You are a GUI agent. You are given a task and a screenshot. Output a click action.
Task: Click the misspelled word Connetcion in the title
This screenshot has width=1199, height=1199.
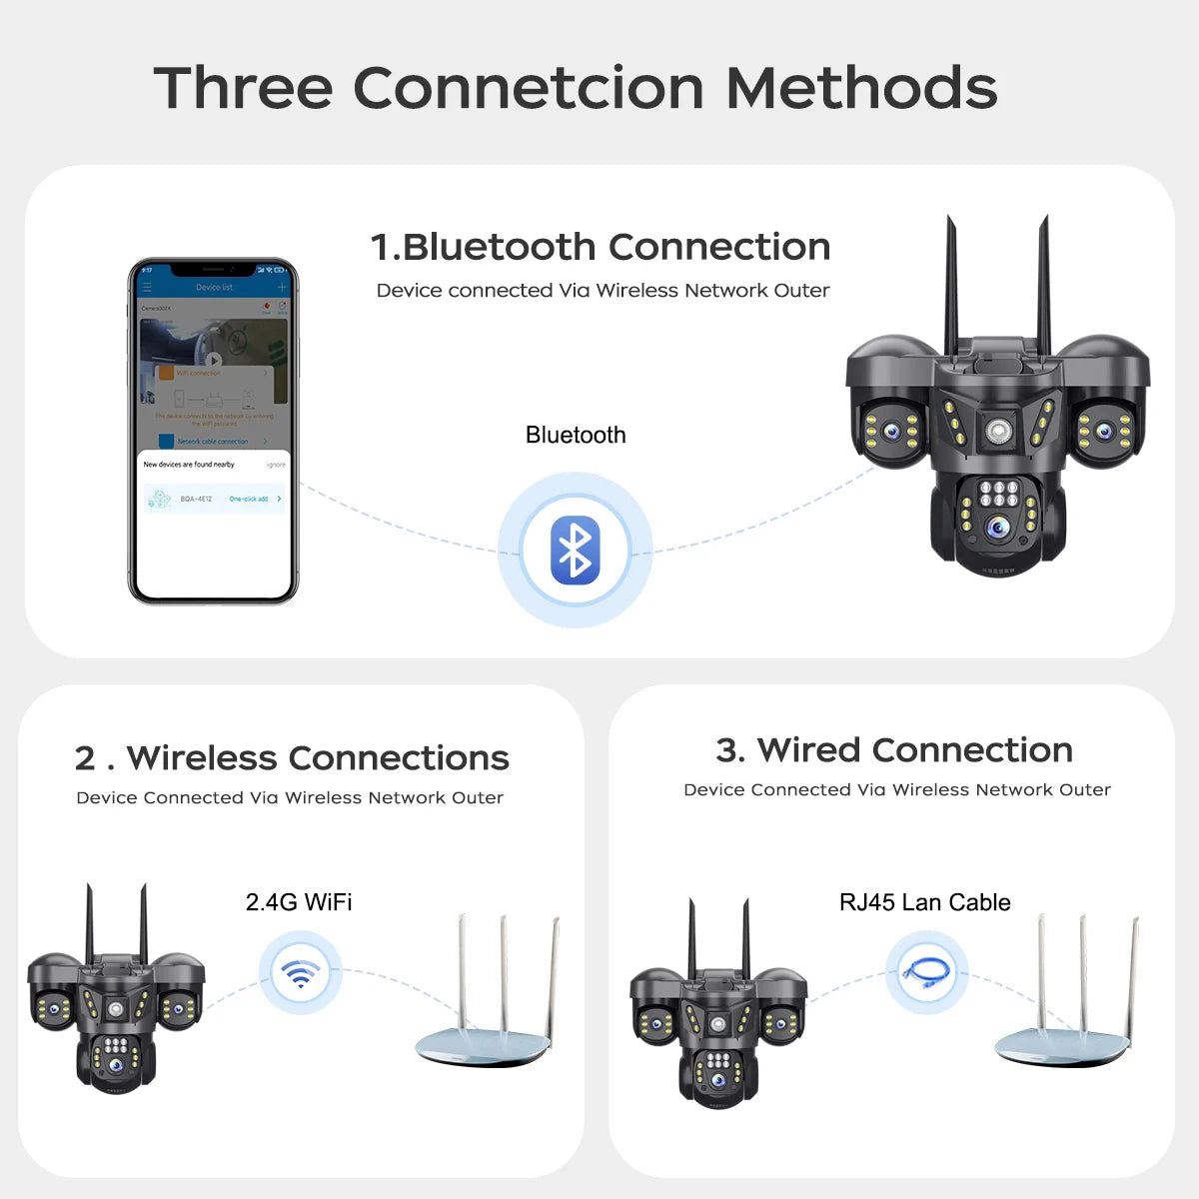pos(528,88)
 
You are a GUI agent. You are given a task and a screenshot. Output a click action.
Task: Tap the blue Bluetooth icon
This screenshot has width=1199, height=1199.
pos(575,551)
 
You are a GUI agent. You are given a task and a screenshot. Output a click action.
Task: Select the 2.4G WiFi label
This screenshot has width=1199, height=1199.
pos(299,902)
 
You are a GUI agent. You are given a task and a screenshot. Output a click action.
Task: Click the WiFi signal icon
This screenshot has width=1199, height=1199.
pos(300,973)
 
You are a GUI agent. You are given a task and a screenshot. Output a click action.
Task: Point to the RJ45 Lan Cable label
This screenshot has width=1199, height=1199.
pos(924,903)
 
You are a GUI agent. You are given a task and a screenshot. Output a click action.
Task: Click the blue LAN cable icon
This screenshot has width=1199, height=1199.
pos(926,972)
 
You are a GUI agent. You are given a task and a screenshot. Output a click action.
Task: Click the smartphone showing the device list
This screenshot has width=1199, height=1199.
pos(213,432)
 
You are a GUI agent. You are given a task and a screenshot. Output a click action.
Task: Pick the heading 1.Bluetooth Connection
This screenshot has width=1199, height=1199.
pos(600,247)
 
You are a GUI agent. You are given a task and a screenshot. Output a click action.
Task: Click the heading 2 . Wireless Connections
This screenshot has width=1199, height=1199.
pos(292,758)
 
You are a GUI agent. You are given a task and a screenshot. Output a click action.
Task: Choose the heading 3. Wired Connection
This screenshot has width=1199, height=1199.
pos(894,750)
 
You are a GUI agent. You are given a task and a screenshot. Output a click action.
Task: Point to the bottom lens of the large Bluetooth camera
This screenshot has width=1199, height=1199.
pos(996,529)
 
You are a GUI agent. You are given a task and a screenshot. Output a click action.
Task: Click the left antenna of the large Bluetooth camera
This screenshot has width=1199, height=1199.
pos(951,285)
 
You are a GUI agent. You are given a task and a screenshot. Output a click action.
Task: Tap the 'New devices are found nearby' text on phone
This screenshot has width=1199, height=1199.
pos(189,465)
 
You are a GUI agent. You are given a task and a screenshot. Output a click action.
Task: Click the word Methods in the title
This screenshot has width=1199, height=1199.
pos(861,88)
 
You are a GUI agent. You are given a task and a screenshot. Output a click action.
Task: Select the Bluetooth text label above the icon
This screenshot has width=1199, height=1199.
pos(576,436)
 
